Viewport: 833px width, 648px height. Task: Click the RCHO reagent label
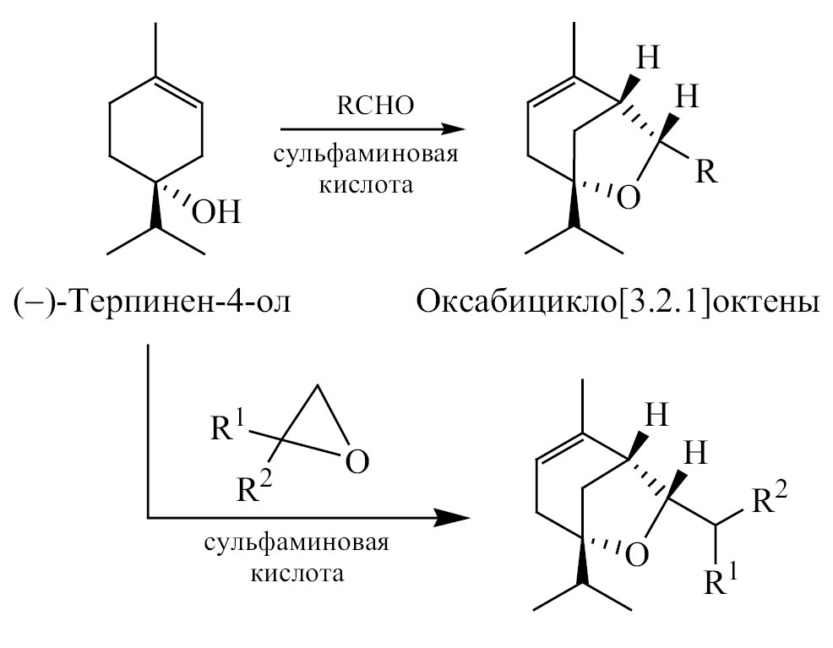pyautogui.click(x=373, y=108)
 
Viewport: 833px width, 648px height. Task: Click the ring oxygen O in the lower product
pyautogui.click(x=638, y=554)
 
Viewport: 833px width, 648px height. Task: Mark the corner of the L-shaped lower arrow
pyautogui.click(x=149, y=516)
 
